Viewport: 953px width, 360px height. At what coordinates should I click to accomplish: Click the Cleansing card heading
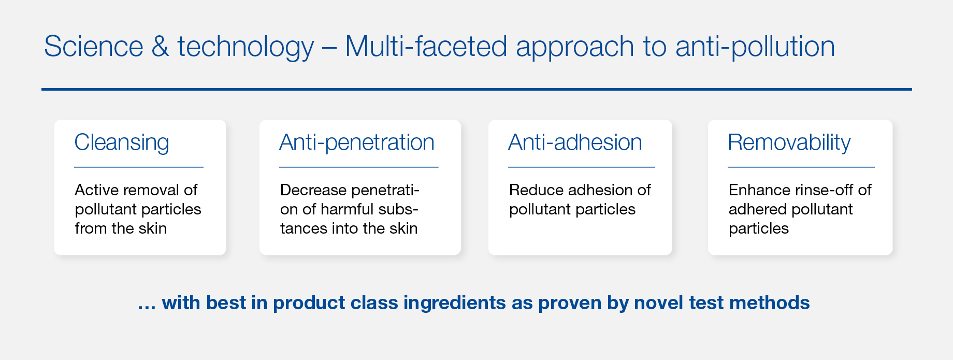(x=122, y=143)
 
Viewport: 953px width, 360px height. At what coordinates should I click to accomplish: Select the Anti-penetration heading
(x=357, y=143)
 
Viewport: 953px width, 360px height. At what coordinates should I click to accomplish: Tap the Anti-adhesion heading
(x=575, y=142)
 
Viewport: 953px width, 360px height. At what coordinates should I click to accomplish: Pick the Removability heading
(x=789, y=143)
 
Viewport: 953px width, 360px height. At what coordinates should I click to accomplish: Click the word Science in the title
(x=94, y=46)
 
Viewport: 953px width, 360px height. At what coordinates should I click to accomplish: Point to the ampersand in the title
(x=161, y=46)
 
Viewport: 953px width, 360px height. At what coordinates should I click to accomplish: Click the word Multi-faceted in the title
(x=426, y=46)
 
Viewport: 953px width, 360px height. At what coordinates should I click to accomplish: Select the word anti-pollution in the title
(x=755, y=47)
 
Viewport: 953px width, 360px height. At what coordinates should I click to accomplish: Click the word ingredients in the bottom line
(x=454, y=303)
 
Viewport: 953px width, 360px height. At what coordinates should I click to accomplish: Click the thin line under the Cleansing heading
(x=139, y=167)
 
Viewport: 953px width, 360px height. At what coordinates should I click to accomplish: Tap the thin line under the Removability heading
(x=801, y=167)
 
